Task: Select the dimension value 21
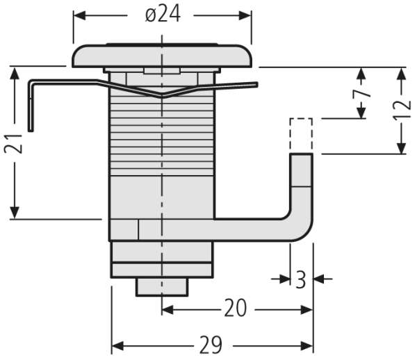(13, 144)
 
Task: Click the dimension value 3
(301, 279)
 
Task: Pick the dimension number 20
(236, 308)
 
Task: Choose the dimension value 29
(211, 345)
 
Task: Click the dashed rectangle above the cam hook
(301, 136)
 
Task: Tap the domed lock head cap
(162, 56)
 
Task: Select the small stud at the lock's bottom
(162, 287)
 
